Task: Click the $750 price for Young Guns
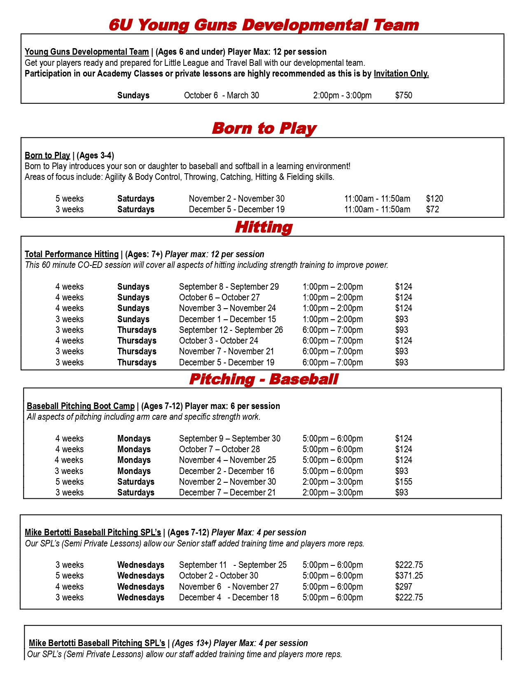[404, 95]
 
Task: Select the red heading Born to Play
[264, 128]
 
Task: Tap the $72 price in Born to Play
[432, 209]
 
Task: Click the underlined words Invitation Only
[401, 74]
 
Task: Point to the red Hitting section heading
[264, 227]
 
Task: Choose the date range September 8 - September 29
[229, 287]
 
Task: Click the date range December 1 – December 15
[227, 319]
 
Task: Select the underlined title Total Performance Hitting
[72, 254]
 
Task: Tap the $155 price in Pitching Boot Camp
[404, 482]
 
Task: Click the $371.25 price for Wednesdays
[409, 576]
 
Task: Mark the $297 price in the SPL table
[404, 587]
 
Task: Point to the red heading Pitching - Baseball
[264, 379]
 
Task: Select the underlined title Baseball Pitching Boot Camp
[81, 406]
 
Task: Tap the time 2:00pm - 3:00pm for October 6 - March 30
[342, 95]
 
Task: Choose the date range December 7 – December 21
[227, 493]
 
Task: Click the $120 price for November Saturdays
[434, 199]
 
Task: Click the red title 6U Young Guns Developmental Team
[264, 25]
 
